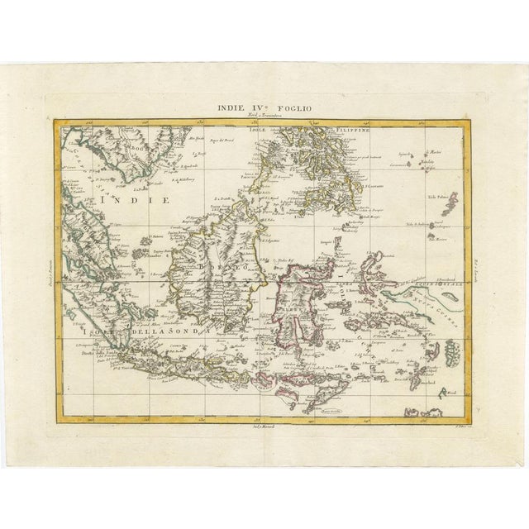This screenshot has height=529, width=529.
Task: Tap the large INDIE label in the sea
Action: pos(132,200)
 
